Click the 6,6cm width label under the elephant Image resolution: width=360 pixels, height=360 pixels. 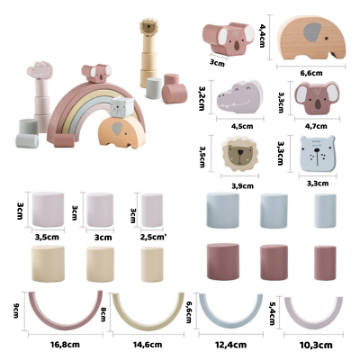tap(310, 73)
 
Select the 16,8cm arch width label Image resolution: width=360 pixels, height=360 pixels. tap(65, 344)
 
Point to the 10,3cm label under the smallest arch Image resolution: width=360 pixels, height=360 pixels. tap(316, 345)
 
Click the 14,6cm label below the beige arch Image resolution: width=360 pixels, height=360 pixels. tap(148, 345)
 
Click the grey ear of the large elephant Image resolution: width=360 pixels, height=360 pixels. tap(312, 32)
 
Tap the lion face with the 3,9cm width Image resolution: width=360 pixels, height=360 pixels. tap(239, 153)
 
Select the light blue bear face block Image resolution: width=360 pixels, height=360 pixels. tap(318, 154)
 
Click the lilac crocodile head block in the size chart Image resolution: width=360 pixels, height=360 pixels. tap(239, 97)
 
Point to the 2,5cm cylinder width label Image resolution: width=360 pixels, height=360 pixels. tap(153, 238)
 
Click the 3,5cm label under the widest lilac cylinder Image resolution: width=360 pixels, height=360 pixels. tap(47, 238)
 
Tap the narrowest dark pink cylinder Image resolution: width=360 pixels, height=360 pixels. tap(325, 263)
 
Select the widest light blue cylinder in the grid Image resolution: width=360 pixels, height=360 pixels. tap(223, 211)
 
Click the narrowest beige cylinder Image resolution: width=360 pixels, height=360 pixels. tap(152, 265)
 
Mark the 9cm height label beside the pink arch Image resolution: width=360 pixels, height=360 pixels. tap(16, 311)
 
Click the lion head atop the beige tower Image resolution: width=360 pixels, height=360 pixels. tap(148, 27)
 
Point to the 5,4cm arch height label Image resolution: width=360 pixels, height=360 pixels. tap(272, 313)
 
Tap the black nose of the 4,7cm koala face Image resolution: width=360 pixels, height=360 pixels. tap(318, 104)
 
